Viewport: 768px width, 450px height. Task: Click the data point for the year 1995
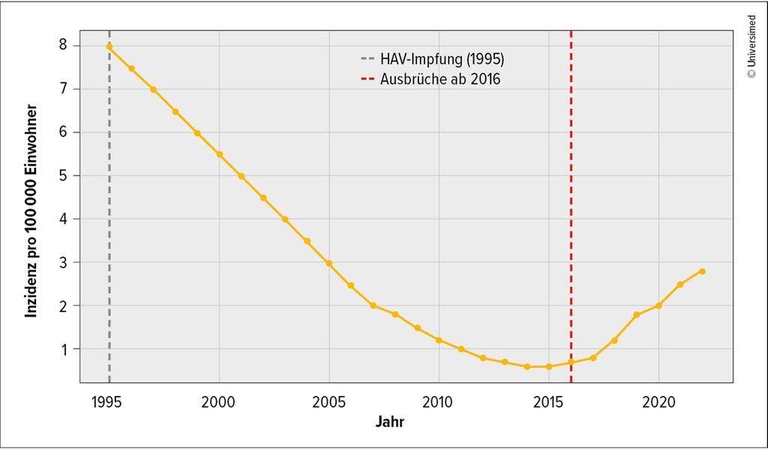109,46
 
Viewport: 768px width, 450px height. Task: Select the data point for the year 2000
219,154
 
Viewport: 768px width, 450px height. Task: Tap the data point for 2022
702,271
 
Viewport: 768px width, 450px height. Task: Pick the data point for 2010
439,340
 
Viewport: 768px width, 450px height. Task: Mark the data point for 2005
329,264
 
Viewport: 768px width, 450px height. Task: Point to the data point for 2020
658,306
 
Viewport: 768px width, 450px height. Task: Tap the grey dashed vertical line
109,225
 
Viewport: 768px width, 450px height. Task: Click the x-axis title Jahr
390,422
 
